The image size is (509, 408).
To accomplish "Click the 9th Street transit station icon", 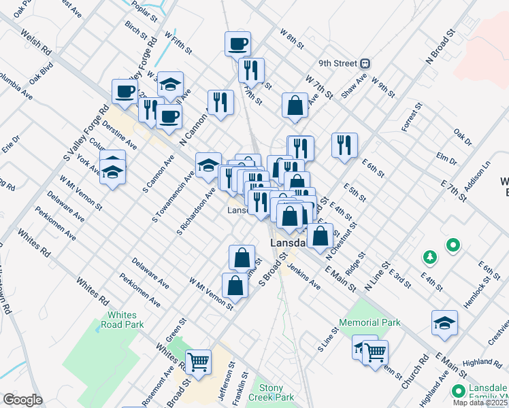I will (x=365, y=63).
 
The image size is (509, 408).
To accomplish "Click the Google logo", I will (x=22, y=399).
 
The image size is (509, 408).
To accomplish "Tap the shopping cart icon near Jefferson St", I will (x=198, y=362).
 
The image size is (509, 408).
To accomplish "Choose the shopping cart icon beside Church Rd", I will (x=375, y=352).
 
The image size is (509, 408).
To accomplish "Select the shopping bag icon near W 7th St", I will (x=295, y=105).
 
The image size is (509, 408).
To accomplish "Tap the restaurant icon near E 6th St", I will (x=344, y=144).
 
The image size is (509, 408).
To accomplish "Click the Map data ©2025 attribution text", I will (x=480, y=403).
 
